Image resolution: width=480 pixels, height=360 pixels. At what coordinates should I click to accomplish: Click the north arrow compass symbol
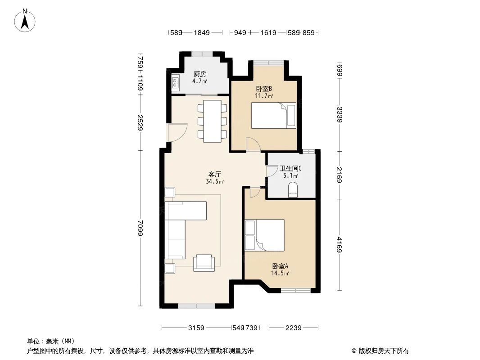(x=26, y=20)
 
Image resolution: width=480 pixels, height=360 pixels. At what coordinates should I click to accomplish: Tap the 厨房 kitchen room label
(x=200, y=74)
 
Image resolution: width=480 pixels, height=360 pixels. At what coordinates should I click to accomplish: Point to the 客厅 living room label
(x=215, y=174)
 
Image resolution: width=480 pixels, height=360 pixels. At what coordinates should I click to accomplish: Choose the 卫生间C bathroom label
(x=290, y=169)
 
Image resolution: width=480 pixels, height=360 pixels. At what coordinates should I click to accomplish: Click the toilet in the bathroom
(x=293, y=190)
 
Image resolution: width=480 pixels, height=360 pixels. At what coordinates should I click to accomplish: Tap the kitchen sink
(x=175, y=83)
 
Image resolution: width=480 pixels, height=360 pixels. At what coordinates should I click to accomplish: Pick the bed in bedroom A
(x=264, y=234)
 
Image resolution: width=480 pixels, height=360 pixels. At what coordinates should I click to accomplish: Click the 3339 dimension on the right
(x=340, y=115)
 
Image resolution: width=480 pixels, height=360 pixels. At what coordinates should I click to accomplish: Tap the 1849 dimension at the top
(x=202, y=32)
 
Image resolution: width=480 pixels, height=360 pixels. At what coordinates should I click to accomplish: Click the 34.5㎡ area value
(x=215, y=182)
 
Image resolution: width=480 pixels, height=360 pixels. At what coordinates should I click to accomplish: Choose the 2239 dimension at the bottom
(x=293, y=328)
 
